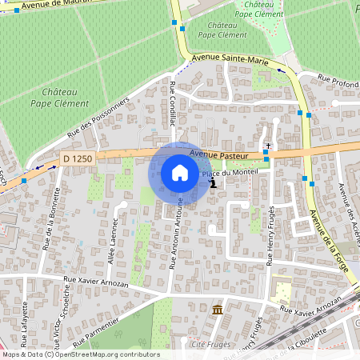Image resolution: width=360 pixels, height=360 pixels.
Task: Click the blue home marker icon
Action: click(180, 173)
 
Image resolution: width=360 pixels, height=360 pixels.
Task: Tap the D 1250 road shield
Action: click(78, 159)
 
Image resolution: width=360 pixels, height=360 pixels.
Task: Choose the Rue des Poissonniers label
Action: click(98, 117)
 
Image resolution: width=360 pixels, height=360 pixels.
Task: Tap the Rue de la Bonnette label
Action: click(51, 214)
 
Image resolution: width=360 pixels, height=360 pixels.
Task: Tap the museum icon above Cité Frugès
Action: click(218, 310)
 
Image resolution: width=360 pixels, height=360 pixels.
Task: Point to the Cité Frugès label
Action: click(212, 344)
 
